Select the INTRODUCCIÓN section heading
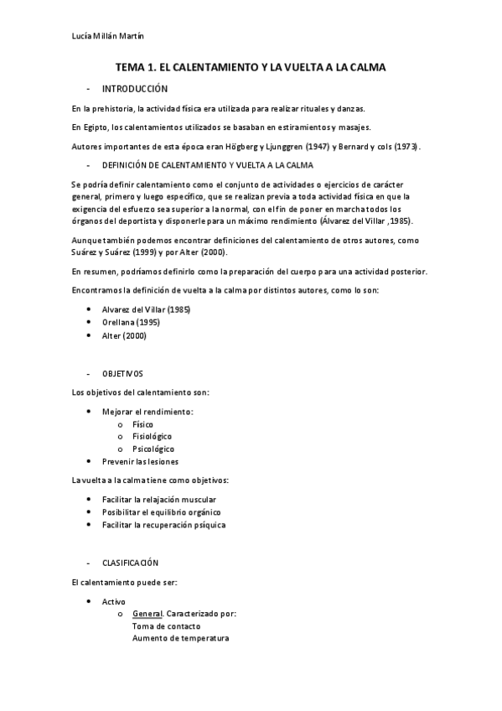pyautogui.click(x=134, y=89)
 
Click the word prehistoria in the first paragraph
pyautogui.click(x=111, y=108)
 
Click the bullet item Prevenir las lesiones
pyautogui.click(x=140, y=462)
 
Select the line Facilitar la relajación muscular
pyautogui.click(x=153, y=500)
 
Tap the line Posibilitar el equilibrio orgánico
pyautogui.click(x=162, y=512)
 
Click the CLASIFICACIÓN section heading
pyautogui.click(x=130, y=563)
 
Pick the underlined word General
pyautogui.click(x=148, y=614)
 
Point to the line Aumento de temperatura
pyautogui.click(x=180, y=638)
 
